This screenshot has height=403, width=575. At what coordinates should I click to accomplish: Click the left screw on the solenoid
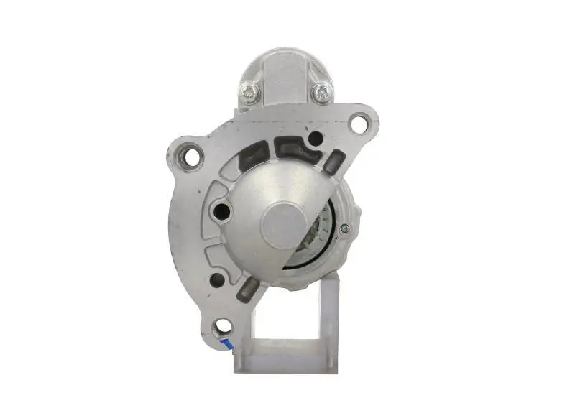point(250,91)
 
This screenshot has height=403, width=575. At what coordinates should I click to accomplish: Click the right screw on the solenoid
point(322,91)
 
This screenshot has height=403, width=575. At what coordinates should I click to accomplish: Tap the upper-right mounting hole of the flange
point(357,123)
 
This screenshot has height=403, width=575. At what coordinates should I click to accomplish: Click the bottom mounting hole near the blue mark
point(225,327)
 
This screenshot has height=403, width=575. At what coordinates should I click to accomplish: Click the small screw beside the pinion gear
point(346,228)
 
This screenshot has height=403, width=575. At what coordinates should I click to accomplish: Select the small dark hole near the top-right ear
point(315,138)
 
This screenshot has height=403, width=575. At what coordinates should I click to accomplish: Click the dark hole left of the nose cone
point(222,210)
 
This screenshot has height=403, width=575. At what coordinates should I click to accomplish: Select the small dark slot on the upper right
point(333,162)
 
